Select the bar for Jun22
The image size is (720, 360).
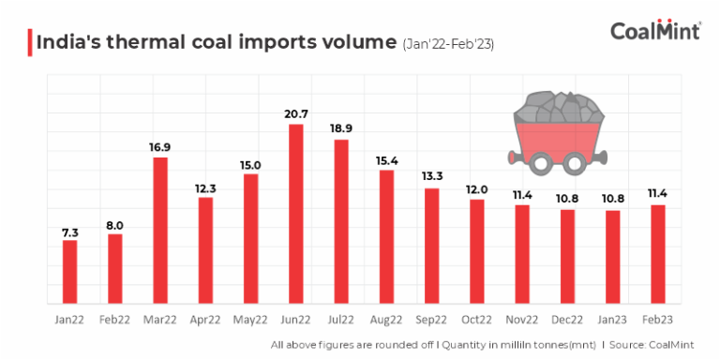pyautogui.click(x=296, y=214)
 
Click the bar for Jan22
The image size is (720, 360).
pyautogui.click(x=69, y=272)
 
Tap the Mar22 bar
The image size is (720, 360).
pyautogui.click(x=160, y=231)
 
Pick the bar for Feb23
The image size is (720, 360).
pyautogui.click(x=657, y=254)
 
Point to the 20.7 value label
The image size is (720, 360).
pyautogui.click(x=296, y=114)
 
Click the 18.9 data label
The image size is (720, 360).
pyautogui.click(x=341, y=130)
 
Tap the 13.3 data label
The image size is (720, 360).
pyautogui.click(x=431, y=177)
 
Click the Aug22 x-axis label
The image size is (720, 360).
pyautogui.click(x=386, y=320)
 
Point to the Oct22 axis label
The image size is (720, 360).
pyautogui.click(x=476, y=320)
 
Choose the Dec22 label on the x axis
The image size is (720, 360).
pyautogui.click(x=566, y=320)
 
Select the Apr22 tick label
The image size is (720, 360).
pyautogui.click(x=205, y=320)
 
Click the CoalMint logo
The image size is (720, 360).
pyautogui.click(x=655, y=30)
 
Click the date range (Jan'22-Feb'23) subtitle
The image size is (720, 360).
pyautogui.click(x=448, y=45)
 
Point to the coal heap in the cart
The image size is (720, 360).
pyautogui.click(x=558, y=107)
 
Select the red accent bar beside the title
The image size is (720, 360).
pyautogui.click(x=30, y=42)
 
